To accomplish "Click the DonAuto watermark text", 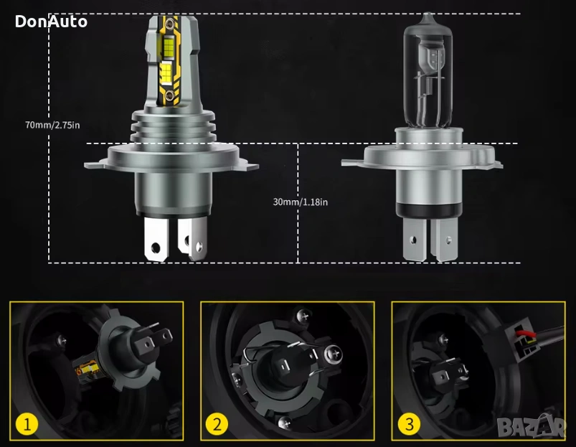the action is pos(51,22).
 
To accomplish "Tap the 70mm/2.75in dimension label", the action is pos(52,125).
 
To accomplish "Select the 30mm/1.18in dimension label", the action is pos(300,202).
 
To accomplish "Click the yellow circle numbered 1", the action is pos(27,424).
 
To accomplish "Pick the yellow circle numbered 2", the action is pos(217,424).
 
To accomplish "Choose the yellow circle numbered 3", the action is pos(409,424).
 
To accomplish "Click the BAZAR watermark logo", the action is pos(532,426).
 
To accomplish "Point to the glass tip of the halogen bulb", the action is pos(428,17).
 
